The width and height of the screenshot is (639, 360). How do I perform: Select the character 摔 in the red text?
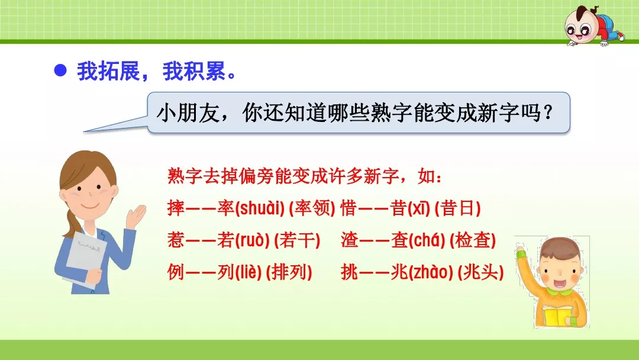pyautogui.click(x=176, y=208)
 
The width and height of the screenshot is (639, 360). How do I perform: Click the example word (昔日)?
pyautogui.click(x=457, y=208)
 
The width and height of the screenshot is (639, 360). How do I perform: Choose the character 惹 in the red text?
pyautogui.click(x=176, y=240)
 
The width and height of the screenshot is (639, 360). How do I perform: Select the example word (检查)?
pyautogui.click(x=472, y=240)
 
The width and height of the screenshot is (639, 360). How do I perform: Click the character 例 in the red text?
pyautogui.click(x=176, y=272)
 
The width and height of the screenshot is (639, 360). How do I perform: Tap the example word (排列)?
pyautogui.click(x=289, y=272)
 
